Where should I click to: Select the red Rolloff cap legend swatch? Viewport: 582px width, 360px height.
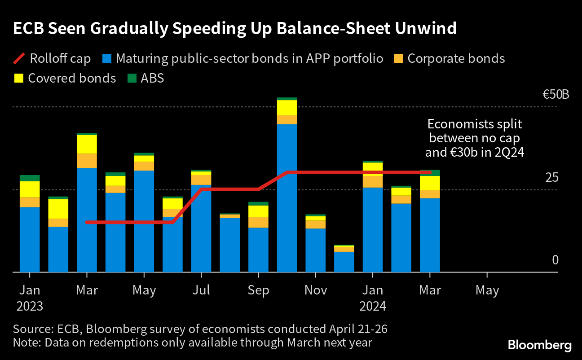click(18, 59)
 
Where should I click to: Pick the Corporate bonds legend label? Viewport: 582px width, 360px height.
click(456, 59)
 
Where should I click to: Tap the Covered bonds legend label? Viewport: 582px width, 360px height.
click(72, 78)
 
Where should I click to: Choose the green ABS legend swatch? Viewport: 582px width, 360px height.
click(131, 79)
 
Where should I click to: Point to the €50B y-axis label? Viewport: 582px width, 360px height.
click(556, 95)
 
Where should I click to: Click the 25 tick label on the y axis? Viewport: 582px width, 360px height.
click(551, 178)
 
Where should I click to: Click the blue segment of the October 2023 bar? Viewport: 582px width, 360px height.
click(287, 198)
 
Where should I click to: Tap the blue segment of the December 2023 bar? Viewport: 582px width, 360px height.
click(344, 262)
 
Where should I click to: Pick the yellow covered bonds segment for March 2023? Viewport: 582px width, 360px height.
click(87, 144)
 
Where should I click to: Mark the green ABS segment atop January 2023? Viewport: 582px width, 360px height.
click(30, 178)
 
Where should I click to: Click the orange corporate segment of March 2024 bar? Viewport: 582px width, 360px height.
click(430, 194)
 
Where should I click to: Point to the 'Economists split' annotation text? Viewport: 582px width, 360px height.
click(475, 138)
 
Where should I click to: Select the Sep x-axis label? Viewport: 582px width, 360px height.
click(258, 290)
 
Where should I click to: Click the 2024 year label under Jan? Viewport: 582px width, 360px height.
click(373, 307)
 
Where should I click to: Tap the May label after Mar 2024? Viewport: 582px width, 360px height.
click(487, 290)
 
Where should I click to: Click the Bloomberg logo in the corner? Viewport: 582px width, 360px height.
click(539, 345)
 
